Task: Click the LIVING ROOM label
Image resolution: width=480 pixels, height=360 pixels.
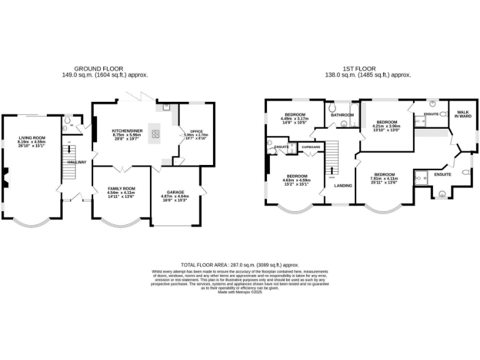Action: pyautogui.click(x=32, y=137)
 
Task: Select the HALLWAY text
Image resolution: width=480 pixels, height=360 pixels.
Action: pyautogui.click(x=77, y=162)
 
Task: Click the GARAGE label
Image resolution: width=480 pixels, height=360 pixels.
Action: pyautogui.click(x=175, y=192)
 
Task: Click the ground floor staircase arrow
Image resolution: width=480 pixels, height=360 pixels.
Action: pyautogui.click(x=69, y=151)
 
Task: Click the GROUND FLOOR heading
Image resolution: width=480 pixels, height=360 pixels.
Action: pyautogui.click(x=99, y=68)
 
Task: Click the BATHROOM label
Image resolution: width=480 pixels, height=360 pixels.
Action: pyautogui.click(x=342, y=115)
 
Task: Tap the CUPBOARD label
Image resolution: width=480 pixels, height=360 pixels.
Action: pyautogui.click(x=311, y=147)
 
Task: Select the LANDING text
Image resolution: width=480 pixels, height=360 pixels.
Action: pyautogui.click(x=342, y=186)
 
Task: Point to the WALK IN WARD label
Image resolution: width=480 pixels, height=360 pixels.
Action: pyautogui.click(x=462, y=114)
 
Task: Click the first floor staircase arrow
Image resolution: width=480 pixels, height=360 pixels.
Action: pyautogui.click(x=332, y=170)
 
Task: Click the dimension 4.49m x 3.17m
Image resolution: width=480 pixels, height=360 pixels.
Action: pyautogui.click(x=295, y=119)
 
